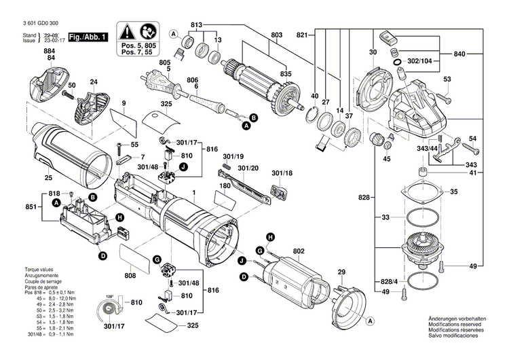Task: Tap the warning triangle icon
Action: coord(128,31)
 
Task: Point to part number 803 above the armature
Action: coord(276,35)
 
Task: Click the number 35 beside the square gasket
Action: coord(454,192)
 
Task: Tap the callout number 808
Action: coord(130,276)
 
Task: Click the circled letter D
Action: coord(102,255)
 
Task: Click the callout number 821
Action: coord(302,35)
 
